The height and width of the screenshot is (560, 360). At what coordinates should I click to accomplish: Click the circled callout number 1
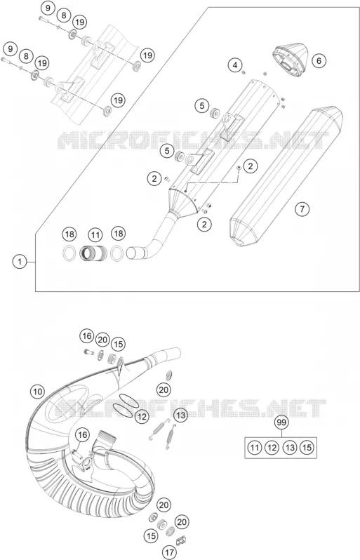(x=20, y=262)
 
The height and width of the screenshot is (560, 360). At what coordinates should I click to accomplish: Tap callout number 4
(x=235, y=65)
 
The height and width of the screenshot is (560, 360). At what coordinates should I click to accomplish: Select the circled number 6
(x=319, y=61)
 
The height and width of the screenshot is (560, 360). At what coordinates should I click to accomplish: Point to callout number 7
(x=302, y=208)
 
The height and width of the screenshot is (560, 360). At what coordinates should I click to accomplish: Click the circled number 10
(x=37, y=392)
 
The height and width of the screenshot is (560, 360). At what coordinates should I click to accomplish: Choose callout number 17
(x=170, y=552)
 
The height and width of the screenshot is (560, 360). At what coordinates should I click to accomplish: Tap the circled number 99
(x=282, y=422)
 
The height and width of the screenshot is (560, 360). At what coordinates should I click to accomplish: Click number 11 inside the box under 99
(x=254, y=448)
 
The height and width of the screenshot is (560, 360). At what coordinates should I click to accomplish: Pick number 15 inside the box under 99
(x=307, y=448)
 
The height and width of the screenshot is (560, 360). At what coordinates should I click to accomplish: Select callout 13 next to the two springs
(x=181, y=415)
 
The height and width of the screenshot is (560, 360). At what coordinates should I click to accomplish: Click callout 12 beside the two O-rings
(x=142, y=416)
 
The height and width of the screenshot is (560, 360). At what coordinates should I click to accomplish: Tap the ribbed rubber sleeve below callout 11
(x=93, y=253)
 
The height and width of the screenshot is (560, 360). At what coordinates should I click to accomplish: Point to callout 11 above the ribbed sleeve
(x=95, y=235)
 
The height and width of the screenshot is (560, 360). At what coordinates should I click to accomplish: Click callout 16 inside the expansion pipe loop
(x=83, y=435)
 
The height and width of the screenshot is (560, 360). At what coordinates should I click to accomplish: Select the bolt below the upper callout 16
(x=87, y=352)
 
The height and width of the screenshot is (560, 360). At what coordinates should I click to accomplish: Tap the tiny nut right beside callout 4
(x=244, y=72)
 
